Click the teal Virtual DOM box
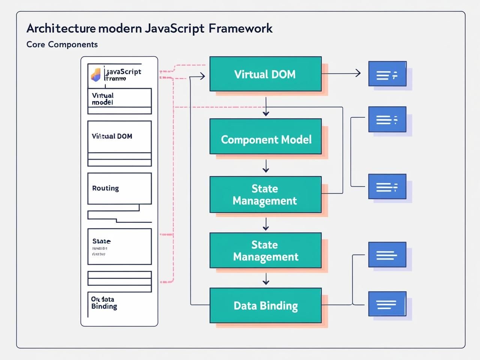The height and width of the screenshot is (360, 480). [x=265, y=74]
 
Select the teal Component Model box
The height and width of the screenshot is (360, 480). [x=265, y=136]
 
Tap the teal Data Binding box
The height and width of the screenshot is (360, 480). [x=265, y=306]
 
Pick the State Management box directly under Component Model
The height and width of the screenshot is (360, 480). [x=265, y=195]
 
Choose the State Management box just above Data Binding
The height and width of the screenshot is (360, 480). [x=265, y=250]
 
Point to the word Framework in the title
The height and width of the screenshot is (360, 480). [x=240, y=28]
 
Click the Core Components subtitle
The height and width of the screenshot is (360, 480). [x=62, y=44]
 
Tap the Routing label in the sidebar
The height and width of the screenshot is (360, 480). [x=105, y=188]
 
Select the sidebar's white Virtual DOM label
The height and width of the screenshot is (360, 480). [x=112, y=136]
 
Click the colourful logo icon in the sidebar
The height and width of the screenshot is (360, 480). [x=96, y=75]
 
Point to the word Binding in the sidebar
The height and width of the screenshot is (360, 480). [x=104, y=306]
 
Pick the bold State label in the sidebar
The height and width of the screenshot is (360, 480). [x=101, y=241]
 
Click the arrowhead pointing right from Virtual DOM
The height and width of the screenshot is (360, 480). [x=358, y=73]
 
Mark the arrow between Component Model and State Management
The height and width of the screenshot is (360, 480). [x=266, y=166]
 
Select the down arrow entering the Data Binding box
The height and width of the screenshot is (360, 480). [x=266, y=279]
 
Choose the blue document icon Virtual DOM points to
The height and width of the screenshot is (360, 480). [x=387, y=74]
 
